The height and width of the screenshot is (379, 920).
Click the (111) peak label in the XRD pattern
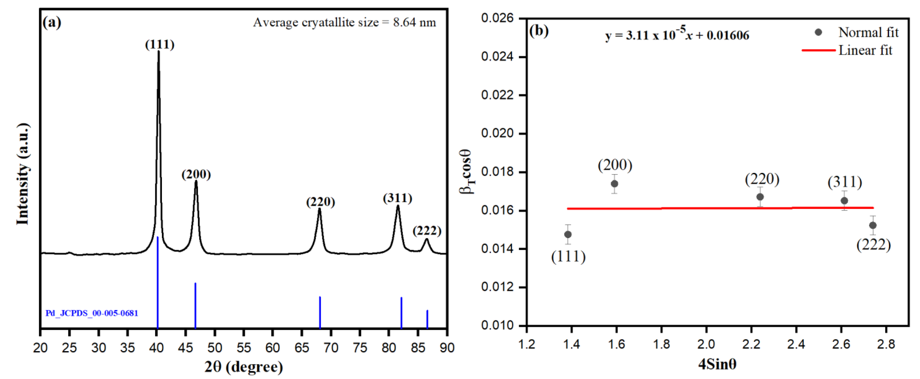pos(160,45)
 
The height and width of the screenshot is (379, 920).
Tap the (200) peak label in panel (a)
pos(196,175)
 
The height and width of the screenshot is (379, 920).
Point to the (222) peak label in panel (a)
pos(427,231)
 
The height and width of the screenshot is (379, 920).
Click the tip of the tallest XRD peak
pos(159,52)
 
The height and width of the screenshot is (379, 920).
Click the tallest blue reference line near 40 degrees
pos(157,282)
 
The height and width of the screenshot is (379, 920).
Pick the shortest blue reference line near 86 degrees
pos(427,319)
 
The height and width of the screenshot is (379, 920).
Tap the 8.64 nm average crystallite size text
pos(414,23)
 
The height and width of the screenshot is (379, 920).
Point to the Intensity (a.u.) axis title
pos(23,174)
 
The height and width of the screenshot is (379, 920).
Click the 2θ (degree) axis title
pos(244,367)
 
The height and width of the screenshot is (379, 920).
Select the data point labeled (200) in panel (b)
pos(614,184)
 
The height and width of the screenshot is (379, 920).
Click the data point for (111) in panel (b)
pos(568,234)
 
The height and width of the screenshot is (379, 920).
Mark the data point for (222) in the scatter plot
pos(873,225)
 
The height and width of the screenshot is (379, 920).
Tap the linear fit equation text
pos(677,35)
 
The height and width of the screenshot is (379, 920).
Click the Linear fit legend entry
pos(865,50)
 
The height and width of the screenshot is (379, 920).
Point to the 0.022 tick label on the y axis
pos(497,95)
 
